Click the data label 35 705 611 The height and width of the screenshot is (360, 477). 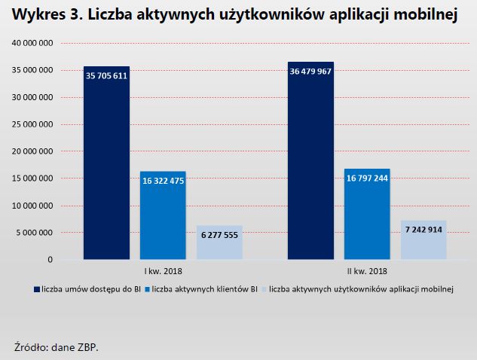(106, 75)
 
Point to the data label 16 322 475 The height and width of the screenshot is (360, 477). (163, 181)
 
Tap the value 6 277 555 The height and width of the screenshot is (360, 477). (219, 235)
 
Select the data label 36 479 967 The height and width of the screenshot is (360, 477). (310, 72)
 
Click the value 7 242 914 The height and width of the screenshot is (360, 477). (423, 230)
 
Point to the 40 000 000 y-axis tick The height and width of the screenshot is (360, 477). (32, 43)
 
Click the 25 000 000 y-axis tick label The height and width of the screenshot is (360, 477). (32, 124)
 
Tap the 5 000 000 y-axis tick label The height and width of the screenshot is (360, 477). (34, 233)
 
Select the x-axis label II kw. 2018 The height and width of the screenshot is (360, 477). (367, 270)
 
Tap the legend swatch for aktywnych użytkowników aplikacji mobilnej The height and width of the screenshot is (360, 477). (264, 288)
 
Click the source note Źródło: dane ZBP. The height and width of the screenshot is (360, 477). (57, 347)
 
